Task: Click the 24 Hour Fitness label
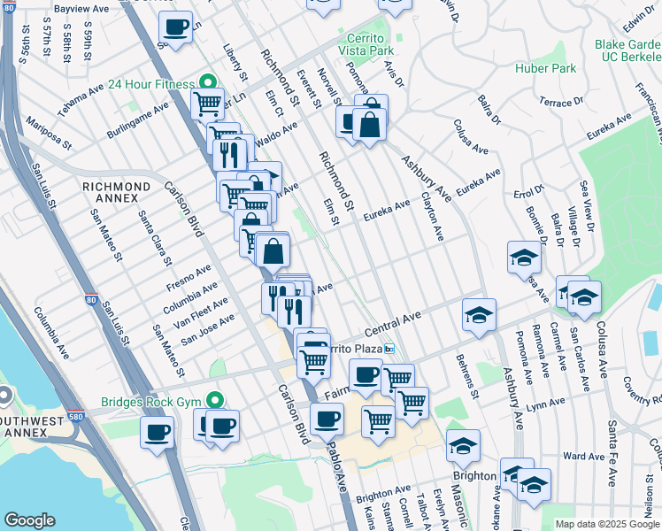pos(150,85)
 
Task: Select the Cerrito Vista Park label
pos(365,45)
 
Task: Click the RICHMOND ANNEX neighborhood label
pos(116,187)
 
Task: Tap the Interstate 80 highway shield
pos(93,301)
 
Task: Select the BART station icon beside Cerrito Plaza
pos(389,348)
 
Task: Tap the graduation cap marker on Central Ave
pos(479,314)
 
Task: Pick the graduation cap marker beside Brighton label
pos(463,445)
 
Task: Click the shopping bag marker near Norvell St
pos(370,125)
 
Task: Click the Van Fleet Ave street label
pos(204,309)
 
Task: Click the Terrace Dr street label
pos(562,103)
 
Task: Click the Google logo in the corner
pos(29,519)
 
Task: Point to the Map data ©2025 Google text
pos(606,524)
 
